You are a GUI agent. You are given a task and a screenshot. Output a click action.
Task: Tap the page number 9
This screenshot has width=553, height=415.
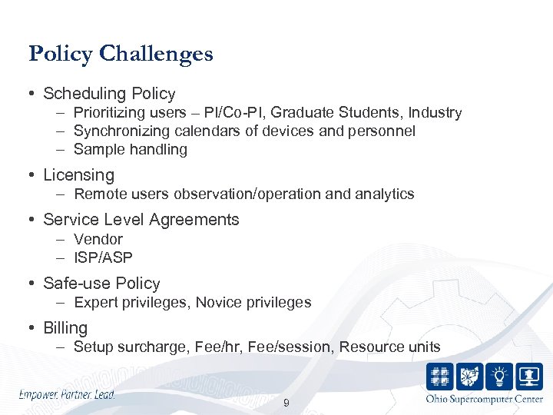point(286,403)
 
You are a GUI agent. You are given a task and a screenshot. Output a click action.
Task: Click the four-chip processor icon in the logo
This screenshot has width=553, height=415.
point(440,377)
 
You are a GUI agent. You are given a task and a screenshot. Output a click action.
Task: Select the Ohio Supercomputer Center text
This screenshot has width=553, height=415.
point(484,399)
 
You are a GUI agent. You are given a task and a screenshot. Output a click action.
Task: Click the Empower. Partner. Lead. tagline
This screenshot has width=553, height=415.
point(67,394)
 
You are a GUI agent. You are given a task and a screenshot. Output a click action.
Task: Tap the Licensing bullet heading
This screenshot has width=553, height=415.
point(78,175)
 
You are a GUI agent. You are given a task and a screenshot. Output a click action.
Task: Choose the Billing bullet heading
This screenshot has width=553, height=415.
point(65,328)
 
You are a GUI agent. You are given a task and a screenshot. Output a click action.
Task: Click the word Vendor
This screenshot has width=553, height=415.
point(98,239)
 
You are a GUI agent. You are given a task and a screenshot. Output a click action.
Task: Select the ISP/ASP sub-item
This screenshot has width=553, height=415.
point(103,257)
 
